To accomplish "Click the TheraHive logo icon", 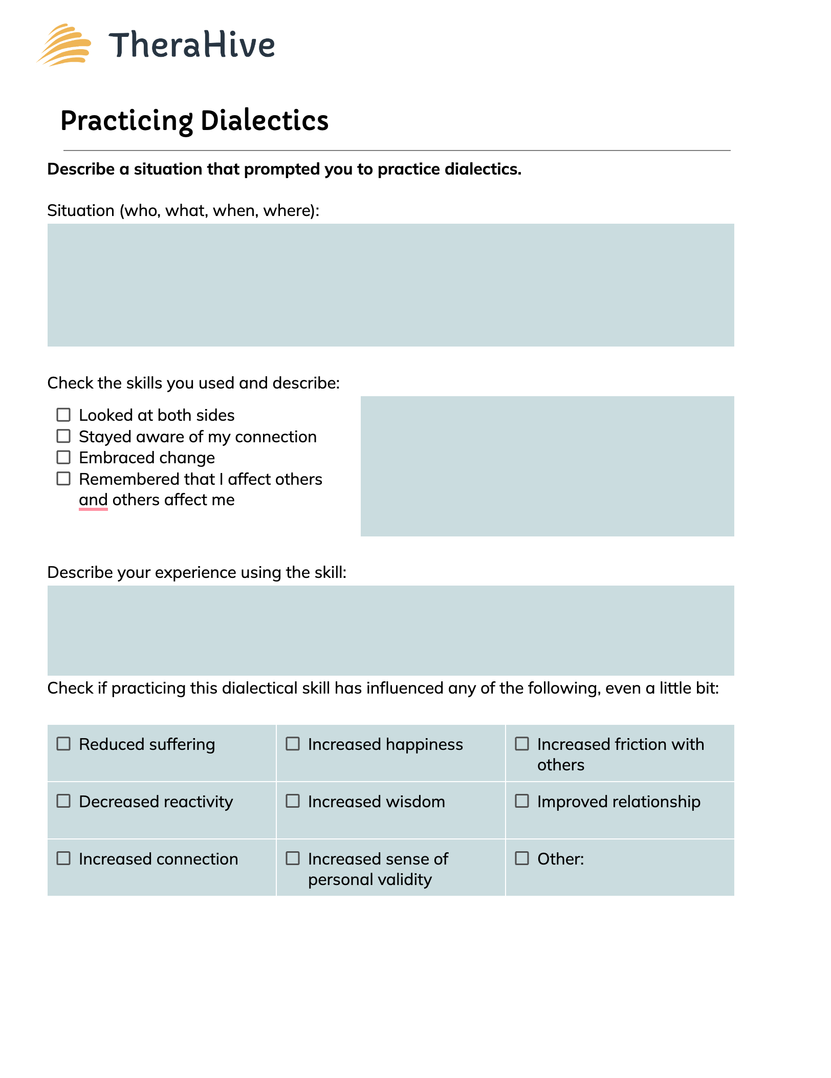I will coord(64,45).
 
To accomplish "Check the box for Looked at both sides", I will coord(63,415).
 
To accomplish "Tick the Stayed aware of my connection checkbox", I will coord(63,436).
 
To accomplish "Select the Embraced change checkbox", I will coord(63,457).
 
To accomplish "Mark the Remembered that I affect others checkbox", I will coord(63,479).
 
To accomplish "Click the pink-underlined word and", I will coord(93,500).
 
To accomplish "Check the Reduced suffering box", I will coord(63,744).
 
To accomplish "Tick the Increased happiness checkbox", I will coord(293,744).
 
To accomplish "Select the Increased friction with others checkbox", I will coord(522,744).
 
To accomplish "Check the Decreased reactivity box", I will coord(63,801).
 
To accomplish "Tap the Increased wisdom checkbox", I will coord(293,801).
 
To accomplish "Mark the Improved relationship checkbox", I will coord(522,801).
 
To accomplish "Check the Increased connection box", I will coord(63,858).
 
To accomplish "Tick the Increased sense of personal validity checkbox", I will coord(293,858).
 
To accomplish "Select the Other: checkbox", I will coord(522,858).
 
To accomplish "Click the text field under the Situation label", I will coord(390,285).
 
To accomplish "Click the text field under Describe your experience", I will coord(390,630).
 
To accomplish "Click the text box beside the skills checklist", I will coord(547,466).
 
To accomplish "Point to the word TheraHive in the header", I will coord(192,45).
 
